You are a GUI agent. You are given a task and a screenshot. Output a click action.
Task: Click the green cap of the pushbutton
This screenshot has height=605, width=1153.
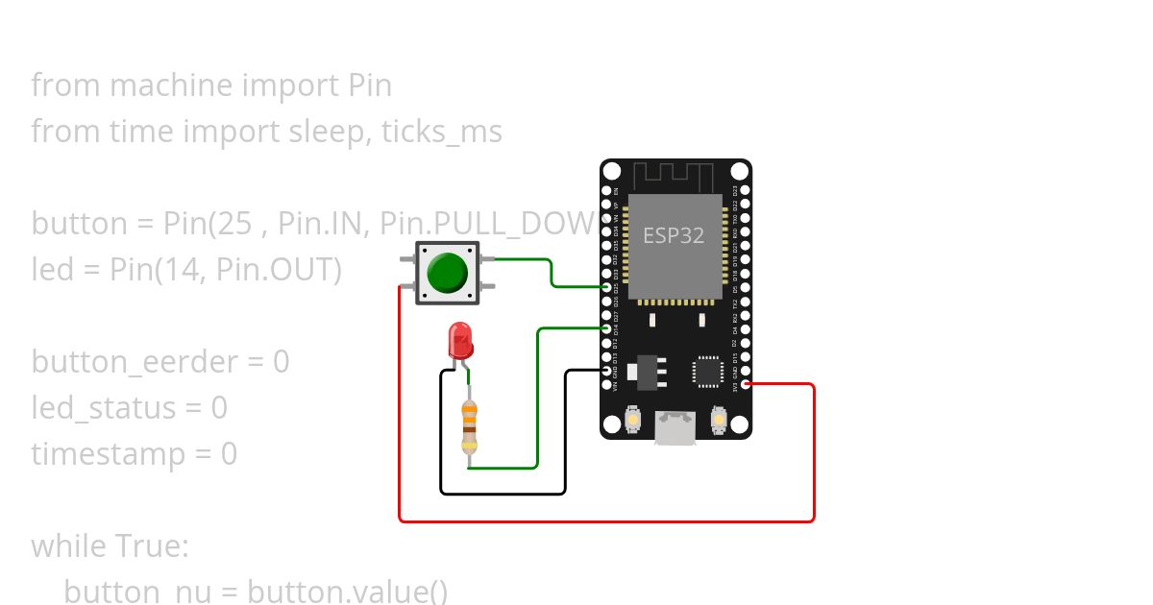pos(447,273)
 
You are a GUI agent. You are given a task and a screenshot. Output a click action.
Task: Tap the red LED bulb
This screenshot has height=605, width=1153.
pos(460,340)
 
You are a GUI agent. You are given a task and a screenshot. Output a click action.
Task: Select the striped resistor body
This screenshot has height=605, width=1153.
pos(469,426)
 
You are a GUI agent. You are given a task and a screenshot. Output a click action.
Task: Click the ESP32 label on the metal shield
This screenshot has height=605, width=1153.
pos(674,235)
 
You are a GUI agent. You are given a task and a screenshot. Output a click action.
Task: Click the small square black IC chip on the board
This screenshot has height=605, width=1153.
pos(708,372)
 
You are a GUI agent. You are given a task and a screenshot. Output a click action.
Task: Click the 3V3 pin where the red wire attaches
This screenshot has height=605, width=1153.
pos(747,384)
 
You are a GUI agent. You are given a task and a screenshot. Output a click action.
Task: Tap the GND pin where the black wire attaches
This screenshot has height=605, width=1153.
pos(606,371)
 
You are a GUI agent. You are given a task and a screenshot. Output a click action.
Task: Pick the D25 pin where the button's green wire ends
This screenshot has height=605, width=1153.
pos(606,287)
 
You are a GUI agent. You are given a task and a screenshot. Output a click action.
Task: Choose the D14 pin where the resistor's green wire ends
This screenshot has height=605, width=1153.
pos(606,328)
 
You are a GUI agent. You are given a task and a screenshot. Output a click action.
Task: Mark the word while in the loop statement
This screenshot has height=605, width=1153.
pos(70,545)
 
